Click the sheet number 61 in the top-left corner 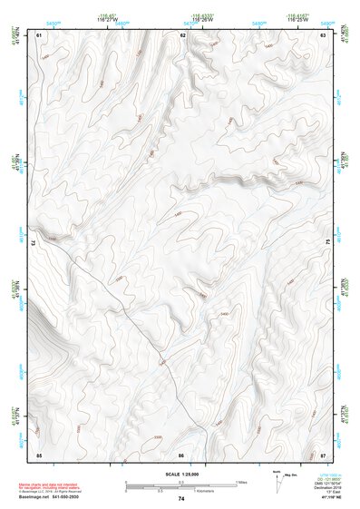point(39,34)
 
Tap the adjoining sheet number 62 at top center point(182,34)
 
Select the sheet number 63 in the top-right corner point(324,34)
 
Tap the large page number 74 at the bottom point(181,498)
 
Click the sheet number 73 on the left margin point(32,243)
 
